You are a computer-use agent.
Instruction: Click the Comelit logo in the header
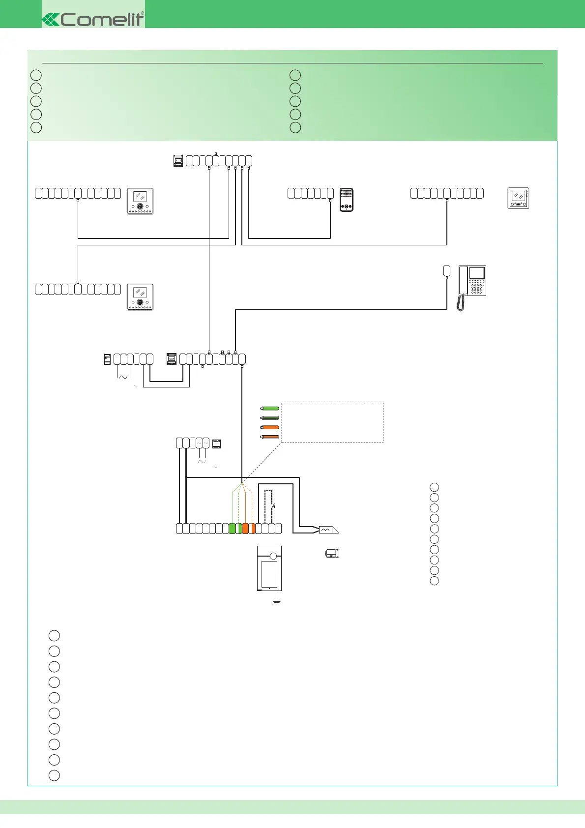pos(93,20)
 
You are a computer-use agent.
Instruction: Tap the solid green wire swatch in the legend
pos(270,408)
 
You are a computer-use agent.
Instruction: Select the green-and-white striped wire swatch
pos(270,418)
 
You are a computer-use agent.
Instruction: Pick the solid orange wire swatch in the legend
pos(270,427)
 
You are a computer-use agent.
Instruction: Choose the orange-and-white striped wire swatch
pos(270,437)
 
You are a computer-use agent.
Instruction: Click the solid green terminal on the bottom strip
pos(233,529)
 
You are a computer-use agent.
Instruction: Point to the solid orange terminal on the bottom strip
pos(245,529)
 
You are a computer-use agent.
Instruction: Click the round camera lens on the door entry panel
pos(273,556)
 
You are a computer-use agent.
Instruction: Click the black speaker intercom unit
pos(347,200)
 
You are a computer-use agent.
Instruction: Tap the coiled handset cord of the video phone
pos(461,303)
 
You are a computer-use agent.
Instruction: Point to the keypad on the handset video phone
pos(476,288)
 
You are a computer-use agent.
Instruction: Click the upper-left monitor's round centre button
pos(140,207)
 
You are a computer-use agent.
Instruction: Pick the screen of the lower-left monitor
pos(140,293)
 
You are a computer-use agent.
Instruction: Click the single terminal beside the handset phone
pos(447,270)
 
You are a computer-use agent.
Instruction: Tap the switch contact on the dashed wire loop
pos(273,506)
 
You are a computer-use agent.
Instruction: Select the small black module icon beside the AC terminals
pos(216,444)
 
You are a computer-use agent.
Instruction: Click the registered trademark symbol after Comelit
pos(143,13)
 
